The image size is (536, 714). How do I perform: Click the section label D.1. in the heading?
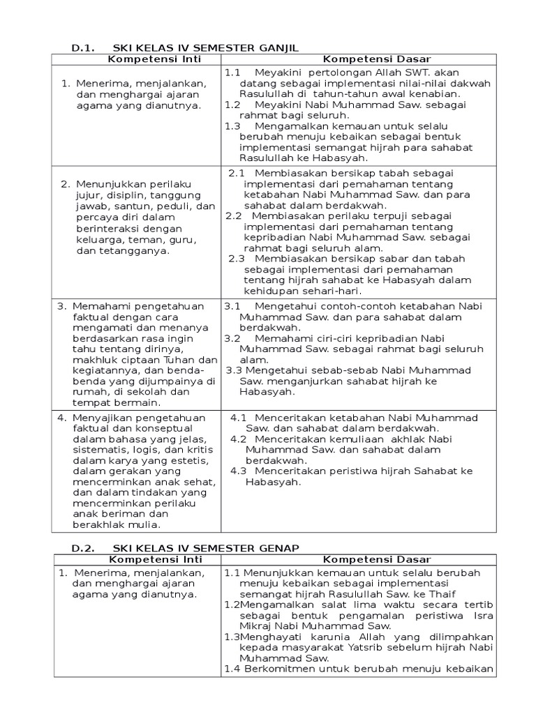(x=83, y=47)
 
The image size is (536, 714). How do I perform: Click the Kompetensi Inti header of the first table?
(x=137, y=59)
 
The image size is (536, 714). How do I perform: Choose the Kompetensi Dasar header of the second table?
(x=358, y=559)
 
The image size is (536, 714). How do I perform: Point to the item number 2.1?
(x=237, y=172)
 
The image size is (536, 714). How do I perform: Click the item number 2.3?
(x=237, y=259)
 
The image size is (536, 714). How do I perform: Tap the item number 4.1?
(x=239, y=418)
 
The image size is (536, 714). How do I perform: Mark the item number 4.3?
(x=239, y=471)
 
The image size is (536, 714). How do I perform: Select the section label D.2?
(x=83, y=548)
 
